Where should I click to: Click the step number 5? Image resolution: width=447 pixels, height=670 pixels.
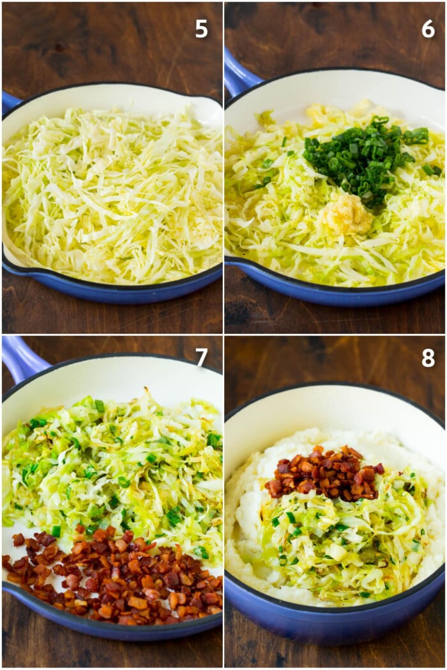tap(201, 29)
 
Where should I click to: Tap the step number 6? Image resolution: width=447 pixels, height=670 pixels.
tap(428, 29)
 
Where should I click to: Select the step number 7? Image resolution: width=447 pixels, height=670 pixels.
tap(201, 357)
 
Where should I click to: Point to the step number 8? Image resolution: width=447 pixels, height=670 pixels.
tap(428, 358)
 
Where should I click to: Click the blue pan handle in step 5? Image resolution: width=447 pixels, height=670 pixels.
tap(9, 101)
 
